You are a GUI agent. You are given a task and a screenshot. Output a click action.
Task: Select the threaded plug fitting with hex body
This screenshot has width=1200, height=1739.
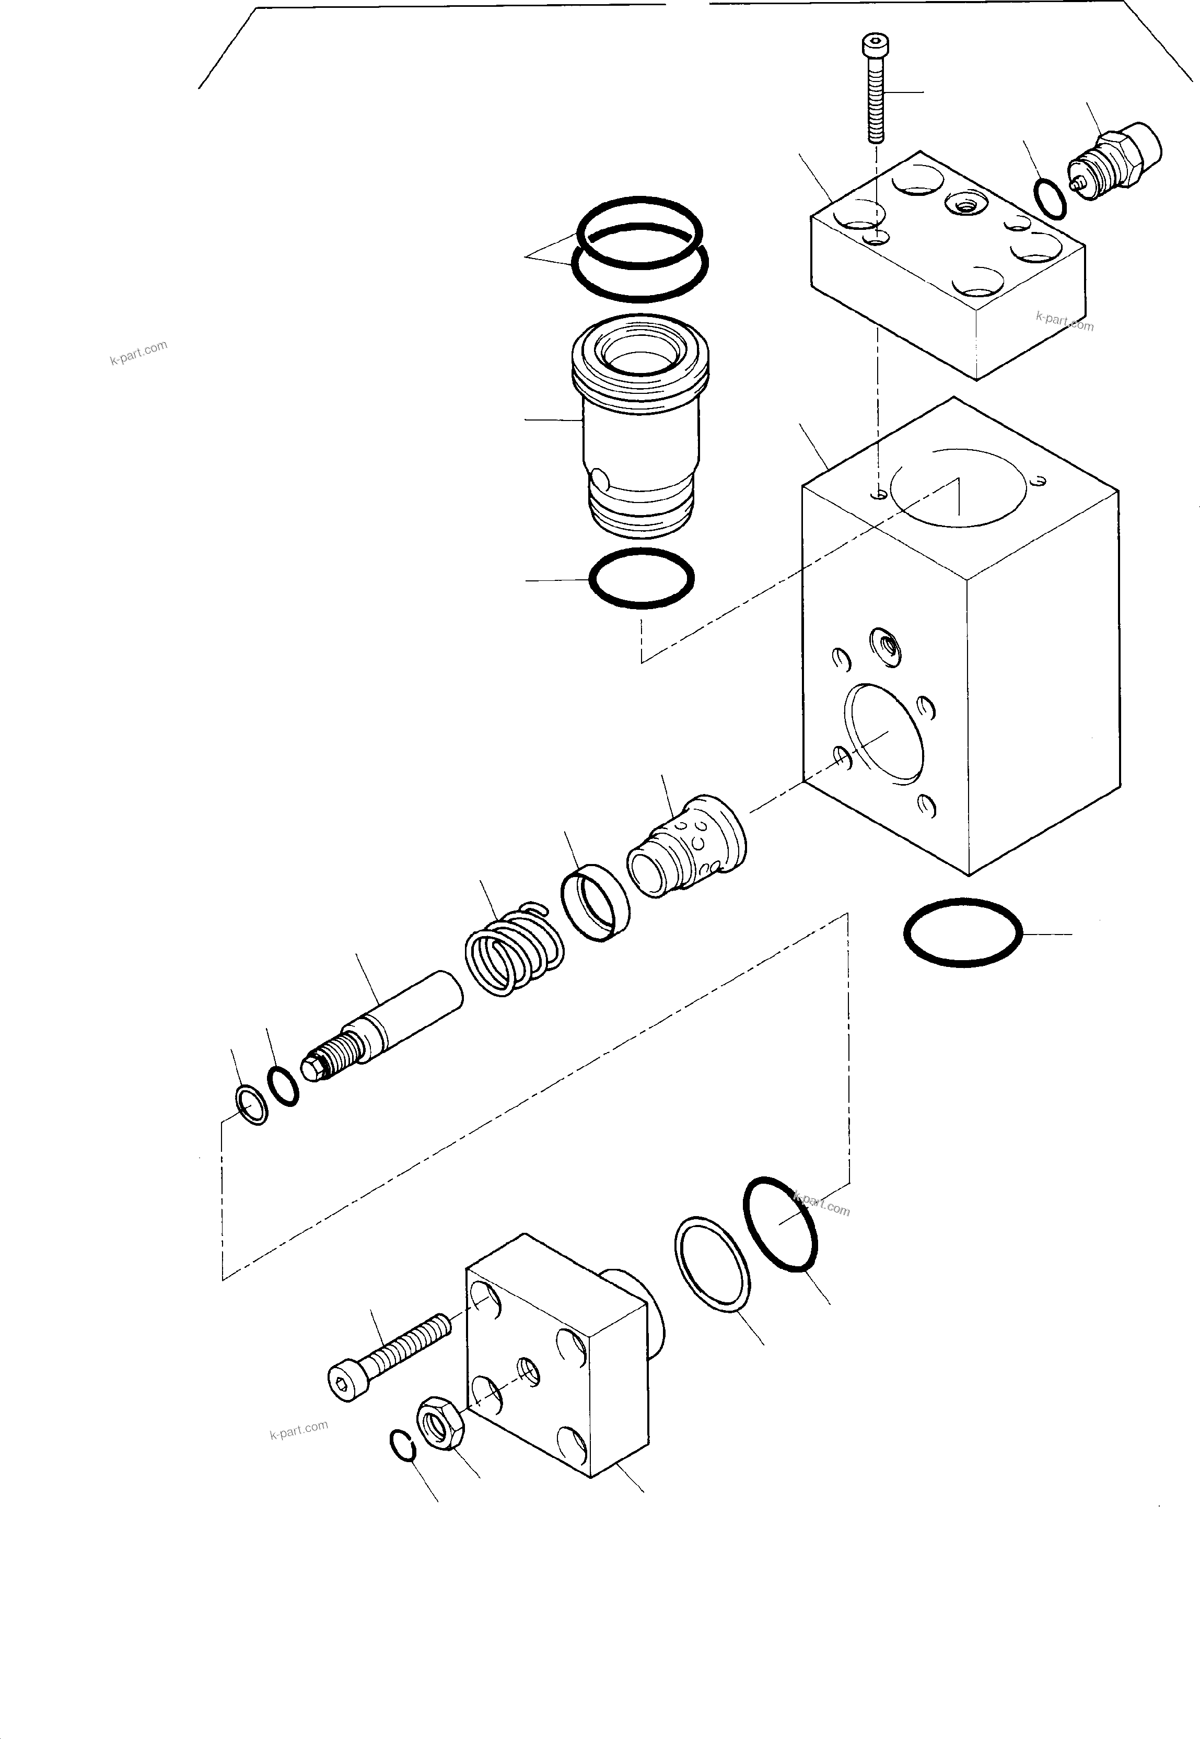pyautogui.click(x=1115, y=159)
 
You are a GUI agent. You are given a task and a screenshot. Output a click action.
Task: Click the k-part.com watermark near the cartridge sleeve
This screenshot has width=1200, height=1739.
pyautogui.click(x=138, y=352)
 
